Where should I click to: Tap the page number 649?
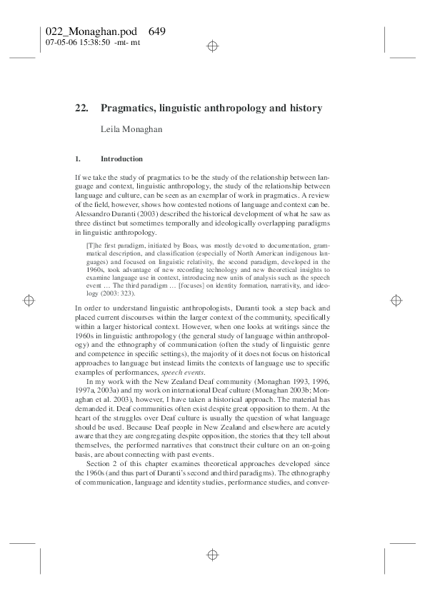(158, 32)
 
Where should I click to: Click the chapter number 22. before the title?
(81, 108)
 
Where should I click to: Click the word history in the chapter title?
(306, 108)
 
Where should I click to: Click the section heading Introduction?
(121, 158)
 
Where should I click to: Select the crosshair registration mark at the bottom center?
(212, 554)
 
